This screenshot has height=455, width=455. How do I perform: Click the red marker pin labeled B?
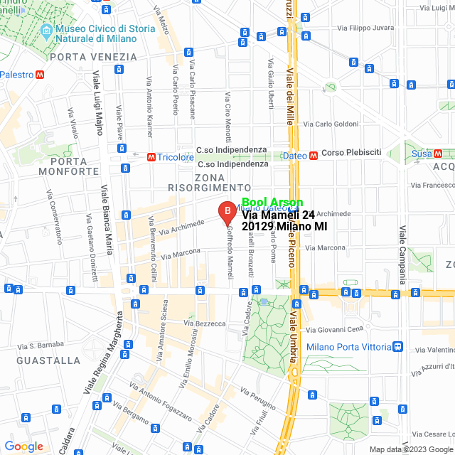(227, 211)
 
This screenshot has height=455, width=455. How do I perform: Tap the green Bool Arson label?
(272, 203)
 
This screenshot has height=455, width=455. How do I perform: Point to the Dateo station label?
(295, 156)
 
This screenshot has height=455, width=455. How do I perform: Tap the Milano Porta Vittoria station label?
(349, 347)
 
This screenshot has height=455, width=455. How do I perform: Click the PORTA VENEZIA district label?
(93, 57)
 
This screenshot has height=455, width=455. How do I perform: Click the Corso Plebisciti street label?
(351, 152)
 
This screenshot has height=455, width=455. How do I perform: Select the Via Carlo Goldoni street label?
(331, 124)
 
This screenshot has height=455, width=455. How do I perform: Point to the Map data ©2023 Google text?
(411, 449)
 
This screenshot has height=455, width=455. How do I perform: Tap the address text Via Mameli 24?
(278, 214)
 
